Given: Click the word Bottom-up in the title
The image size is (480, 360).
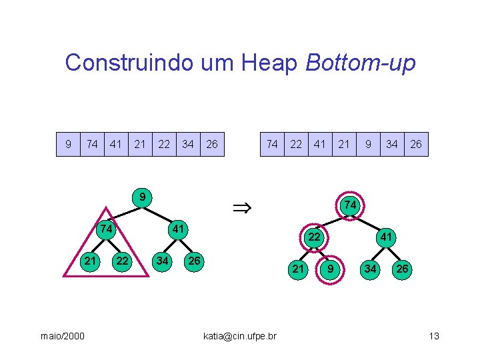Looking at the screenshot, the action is (360, 63).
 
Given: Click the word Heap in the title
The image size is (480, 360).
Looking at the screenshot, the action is (271, 63).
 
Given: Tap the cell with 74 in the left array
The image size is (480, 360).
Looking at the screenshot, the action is (93, 144).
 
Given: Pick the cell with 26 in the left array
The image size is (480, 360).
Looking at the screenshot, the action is (212, 144).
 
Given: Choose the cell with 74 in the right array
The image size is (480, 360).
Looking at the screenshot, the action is (272, 144).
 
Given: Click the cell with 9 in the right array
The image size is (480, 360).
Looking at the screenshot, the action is (368, 144).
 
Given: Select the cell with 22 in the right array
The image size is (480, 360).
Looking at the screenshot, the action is (296, 144).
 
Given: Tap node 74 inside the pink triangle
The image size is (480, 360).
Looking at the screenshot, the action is (105, 229).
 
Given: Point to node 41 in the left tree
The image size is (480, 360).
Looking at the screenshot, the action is (178, 229).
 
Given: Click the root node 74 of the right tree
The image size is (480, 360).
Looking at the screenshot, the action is (349, 205).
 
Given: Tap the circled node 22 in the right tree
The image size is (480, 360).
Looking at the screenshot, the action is (312, 237).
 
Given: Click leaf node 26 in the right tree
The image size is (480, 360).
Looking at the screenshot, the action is (402, 269).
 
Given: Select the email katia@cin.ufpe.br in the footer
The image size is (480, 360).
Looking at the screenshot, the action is (240, 335).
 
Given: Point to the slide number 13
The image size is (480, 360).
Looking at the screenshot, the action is (434, 335).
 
